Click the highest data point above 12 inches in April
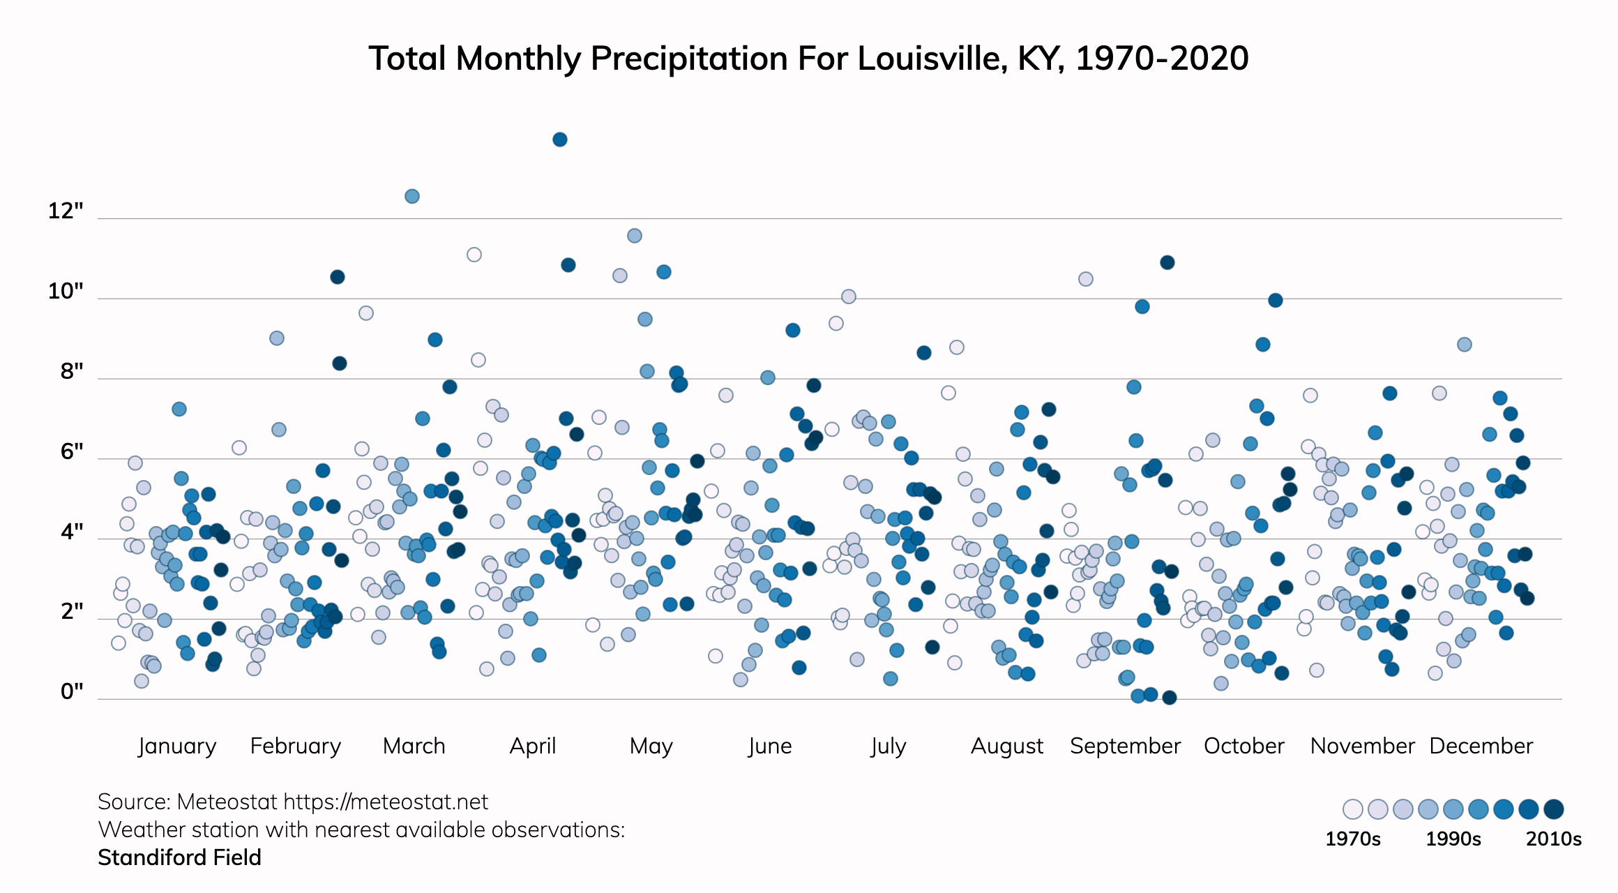[559, 140]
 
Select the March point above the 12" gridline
[412, 196]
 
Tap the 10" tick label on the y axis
[66, 291]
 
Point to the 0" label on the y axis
[72, 691]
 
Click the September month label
[1125, 746]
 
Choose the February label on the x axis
[296, 746]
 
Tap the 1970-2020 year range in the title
[1162, 59]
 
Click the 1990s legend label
[1453, 839]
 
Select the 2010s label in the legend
[1553, 839]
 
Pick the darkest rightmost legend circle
[1554, 809]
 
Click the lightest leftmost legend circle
[1353, 809]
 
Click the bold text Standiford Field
[179, 857]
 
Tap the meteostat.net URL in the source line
[386, 802]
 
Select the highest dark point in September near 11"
[1167, 262]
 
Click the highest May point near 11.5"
[635, 236]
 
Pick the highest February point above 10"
[338, 277]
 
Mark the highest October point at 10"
[1276, 301]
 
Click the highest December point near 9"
[1465, 345]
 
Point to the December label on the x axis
[1481, 746]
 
